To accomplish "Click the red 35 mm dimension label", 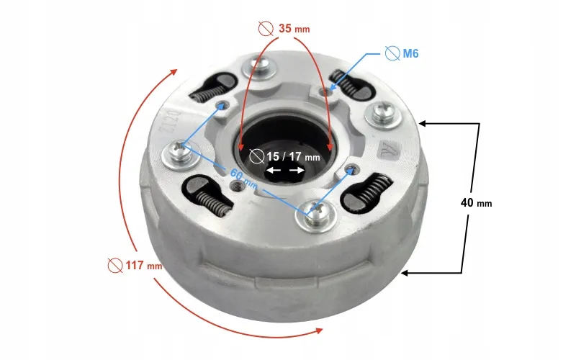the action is pos(294,28).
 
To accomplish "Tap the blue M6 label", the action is pos(410,53).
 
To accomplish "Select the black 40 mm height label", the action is pos(476,203).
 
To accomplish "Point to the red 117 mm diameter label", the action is pos(143,265).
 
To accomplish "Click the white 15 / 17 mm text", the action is pos(293,157).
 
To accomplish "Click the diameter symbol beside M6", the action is pos(392,53).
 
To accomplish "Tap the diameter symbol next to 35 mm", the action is pos(266,28).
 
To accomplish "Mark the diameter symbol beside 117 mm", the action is pos(115,265).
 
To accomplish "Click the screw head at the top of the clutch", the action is pos(261,67).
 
